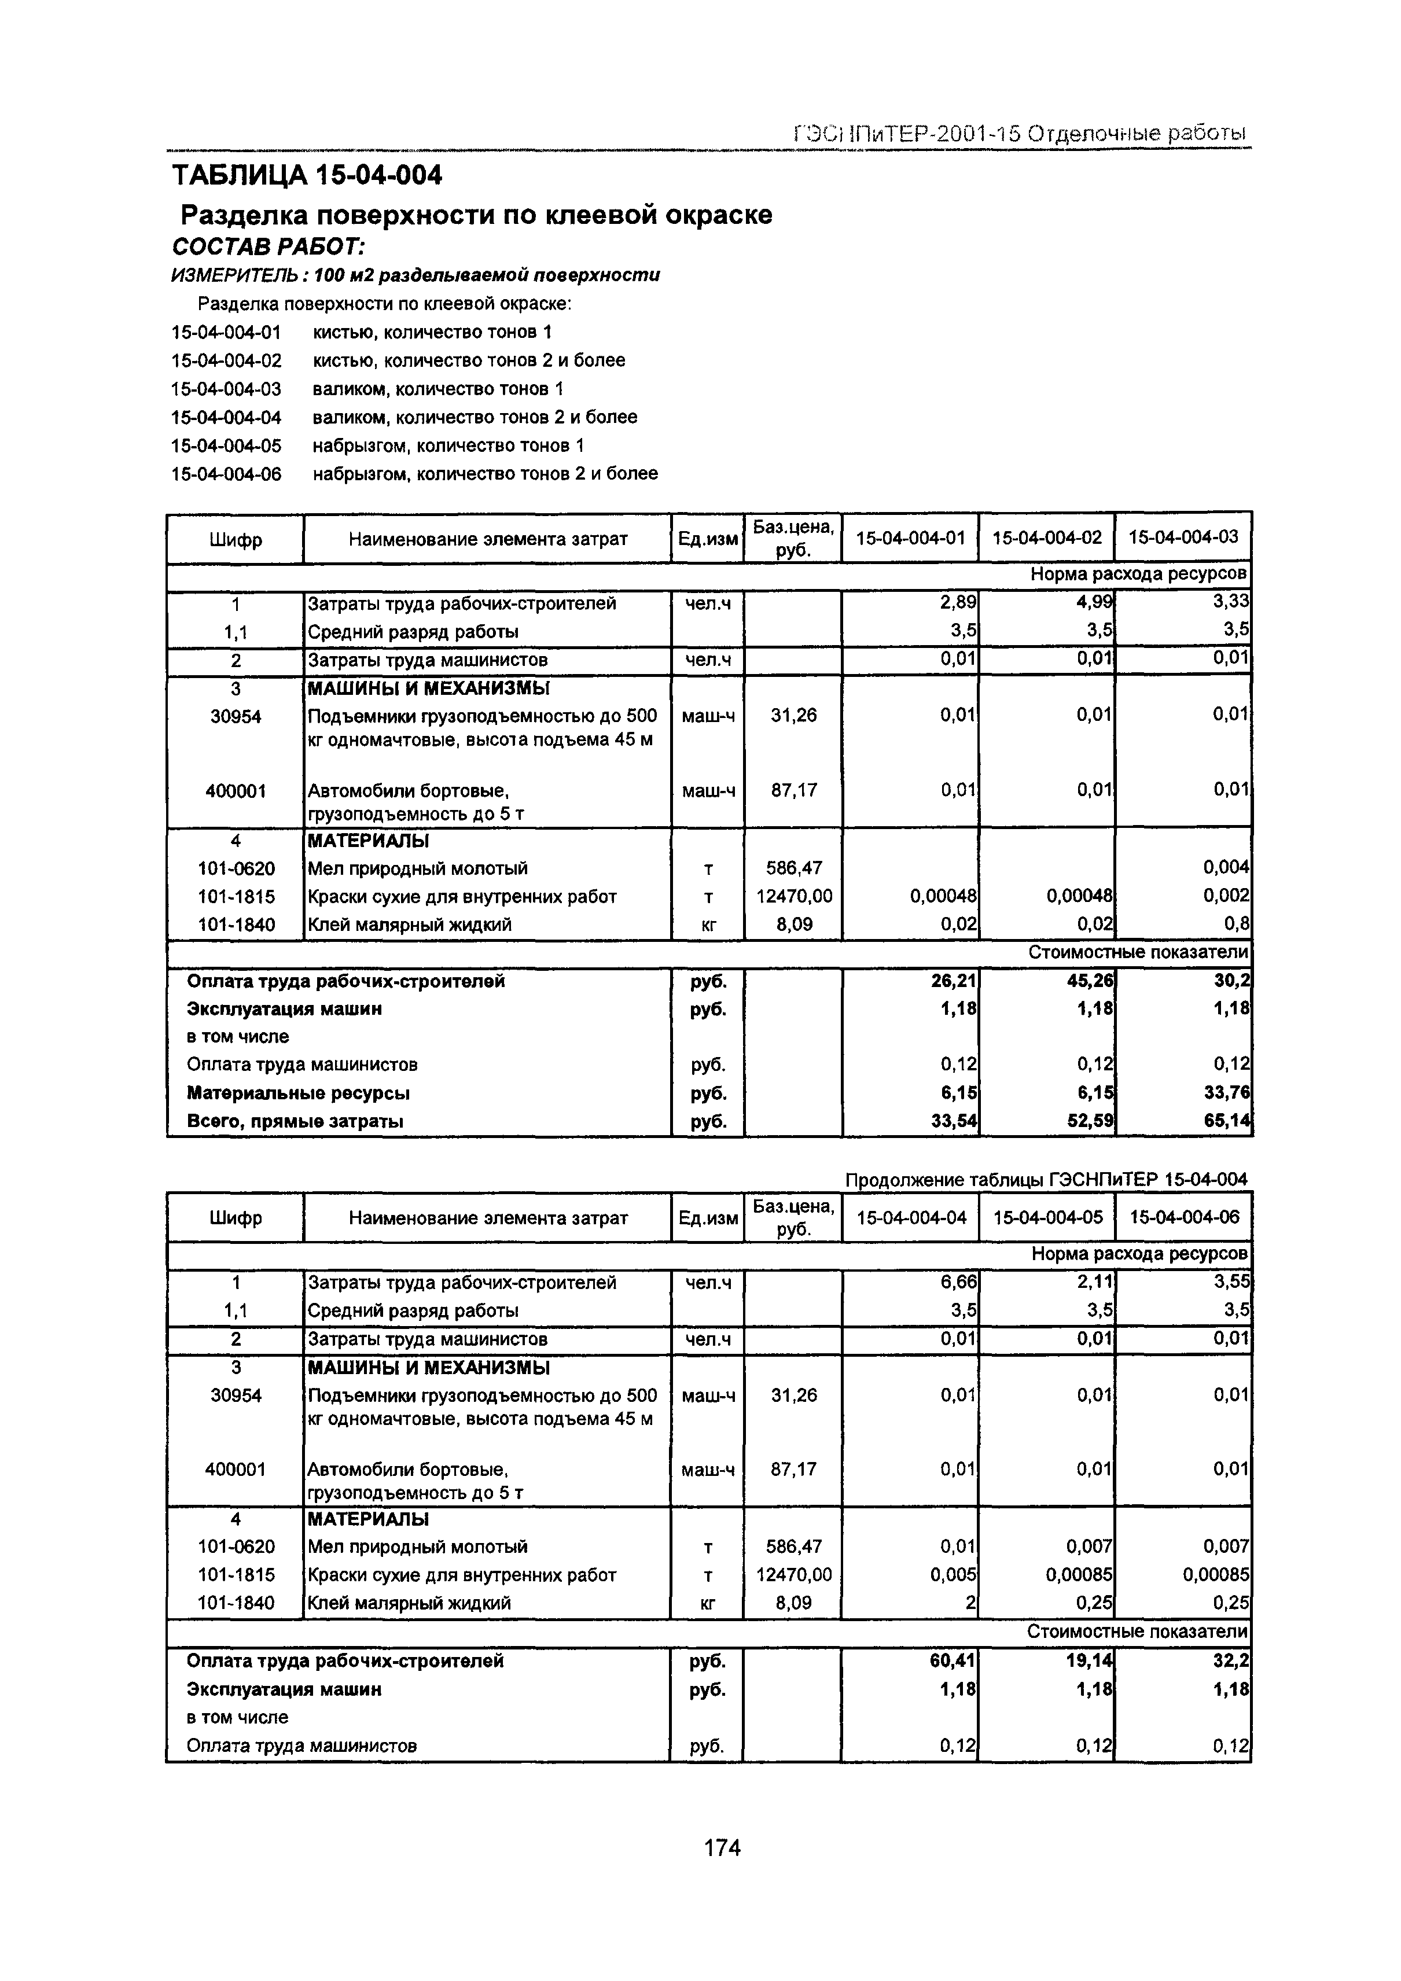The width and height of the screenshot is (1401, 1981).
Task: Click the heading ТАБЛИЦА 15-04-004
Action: [307, 175]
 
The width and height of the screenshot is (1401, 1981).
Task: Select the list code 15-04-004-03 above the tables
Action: [226, 389]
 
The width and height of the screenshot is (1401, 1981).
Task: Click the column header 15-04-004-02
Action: [1046, 537]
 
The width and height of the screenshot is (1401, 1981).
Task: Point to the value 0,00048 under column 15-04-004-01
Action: [943, 896]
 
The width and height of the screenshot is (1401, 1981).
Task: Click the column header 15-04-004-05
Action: [1047, 1217]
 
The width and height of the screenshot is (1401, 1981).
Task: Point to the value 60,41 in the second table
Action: [955, 1661]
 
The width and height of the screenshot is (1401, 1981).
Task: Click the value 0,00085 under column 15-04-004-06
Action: [1215, 1575]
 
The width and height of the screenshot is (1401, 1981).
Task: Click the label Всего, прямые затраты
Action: [295, 1121]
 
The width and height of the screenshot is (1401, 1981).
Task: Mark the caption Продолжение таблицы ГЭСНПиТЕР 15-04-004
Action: [1045, 1180]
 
